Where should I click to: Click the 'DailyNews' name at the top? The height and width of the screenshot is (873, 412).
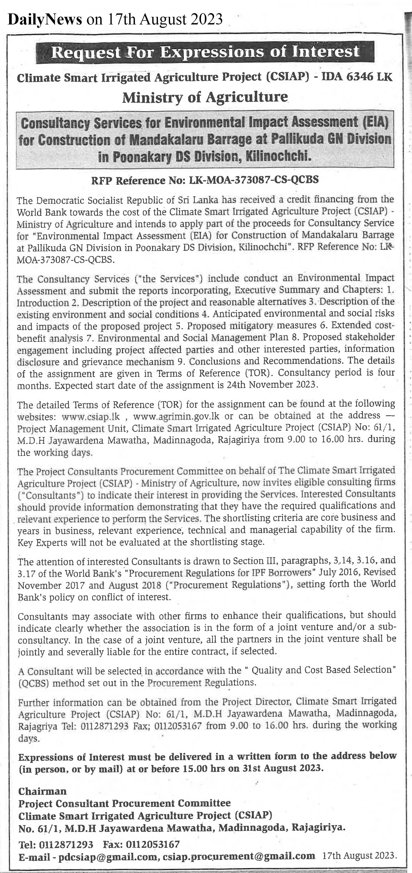[45, 20]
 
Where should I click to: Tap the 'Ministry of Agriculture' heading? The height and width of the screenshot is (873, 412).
[205, 98]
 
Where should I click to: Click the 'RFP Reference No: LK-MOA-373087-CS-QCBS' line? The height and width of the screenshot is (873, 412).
[205, 180]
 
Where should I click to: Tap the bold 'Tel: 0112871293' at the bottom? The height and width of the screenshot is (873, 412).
[56, 844]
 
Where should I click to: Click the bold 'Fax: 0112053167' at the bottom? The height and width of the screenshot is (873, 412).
[141, 844]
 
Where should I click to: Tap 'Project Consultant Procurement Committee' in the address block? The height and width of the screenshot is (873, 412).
[124, 803]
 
